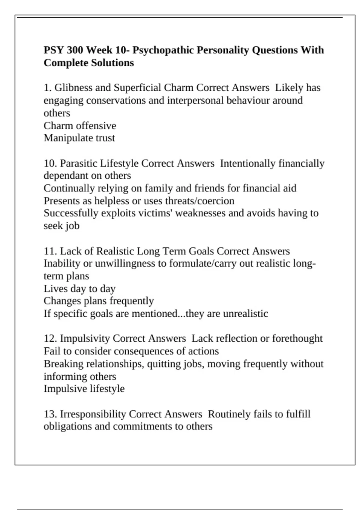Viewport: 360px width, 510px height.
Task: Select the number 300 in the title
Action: tap(75, 50)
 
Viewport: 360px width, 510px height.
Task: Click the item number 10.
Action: tap(49, 163)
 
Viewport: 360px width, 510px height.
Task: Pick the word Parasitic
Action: tap(79, 163)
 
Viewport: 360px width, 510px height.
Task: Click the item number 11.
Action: tap(49, 251)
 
